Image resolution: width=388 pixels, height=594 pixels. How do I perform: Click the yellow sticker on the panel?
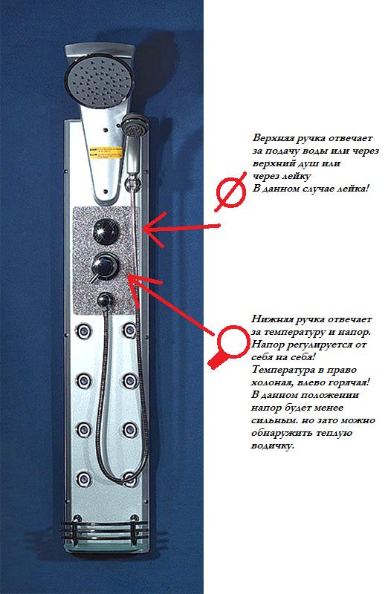pos(106,154)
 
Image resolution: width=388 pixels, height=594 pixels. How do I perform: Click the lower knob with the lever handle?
pos(105,266)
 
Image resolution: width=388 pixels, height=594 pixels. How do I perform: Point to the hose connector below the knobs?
pos(104,301)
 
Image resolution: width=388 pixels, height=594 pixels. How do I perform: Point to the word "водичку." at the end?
pos(272,446)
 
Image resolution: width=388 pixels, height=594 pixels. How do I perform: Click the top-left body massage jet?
pos(83,331)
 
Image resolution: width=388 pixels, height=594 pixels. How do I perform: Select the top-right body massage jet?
pos(130,330)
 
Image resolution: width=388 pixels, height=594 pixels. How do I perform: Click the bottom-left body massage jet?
pos(83,479)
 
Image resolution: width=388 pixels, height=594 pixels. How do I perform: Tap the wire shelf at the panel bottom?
pos(104,529)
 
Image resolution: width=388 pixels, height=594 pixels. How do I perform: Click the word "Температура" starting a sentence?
pos(282,370)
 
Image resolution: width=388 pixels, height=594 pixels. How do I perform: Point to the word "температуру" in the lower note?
pos(294,332)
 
